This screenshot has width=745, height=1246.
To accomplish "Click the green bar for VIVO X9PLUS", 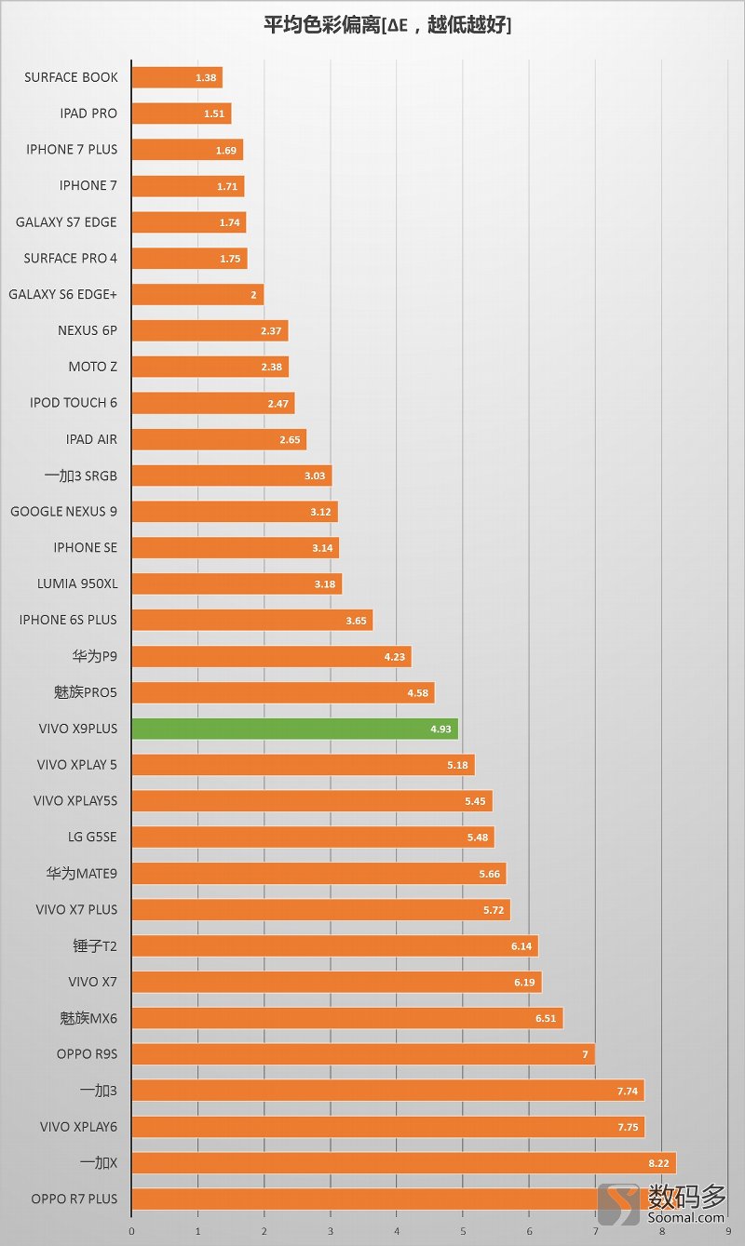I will (x=294, y=729).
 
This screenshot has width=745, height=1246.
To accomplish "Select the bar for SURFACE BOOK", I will (x=177, y=77).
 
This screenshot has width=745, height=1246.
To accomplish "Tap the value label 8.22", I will (x=659, y=1163).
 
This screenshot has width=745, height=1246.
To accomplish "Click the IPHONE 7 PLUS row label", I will (x=72, y=149).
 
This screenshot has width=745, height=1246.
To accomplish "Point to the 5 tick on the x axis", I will (x=463, y=1231).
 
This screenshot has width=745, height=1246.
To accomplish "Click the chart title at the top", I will (x=387, y=25).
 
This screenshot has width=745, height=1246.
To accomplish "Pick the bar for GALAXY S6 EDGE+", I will (x=197, y=294).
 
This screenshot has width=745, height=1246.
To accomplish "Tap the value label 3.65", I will (x=357, y=620).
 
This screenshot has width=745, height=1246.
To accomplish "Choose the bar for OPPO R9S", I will (x=363, y=1054).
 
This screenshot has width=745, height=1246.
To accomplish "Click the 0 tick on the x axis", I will (x=131, y=1231).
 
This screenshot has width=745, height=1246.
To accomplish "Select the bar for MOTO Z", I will (x=210, y=367).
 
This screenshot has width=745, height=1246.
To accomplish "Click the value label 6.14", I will (x=521, y=946).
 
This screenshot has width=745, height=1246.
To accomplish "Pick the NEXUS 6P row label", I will (x=88, y=330).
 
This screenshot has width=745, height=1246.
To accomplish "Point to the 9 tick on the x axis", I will (x=727, y=1231).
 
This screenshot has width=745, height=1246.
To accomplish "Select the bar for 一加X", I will (x=403, y=1163).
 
